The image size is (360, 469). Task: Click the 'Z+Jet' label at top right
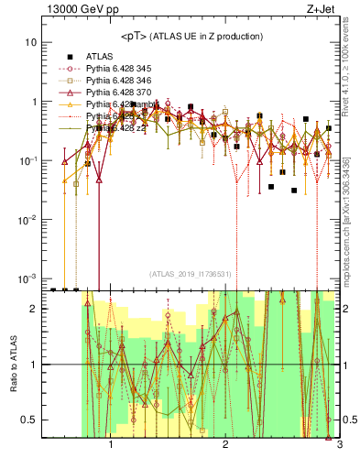tap(321, 10)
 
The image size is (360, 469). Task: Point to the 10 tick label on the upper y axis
tap(31, 42)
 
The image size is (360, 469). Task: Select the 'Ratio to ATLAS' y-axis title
tap(12, 365)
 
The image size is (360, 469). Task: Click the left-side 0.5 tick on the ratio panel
tap(29, 420)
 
